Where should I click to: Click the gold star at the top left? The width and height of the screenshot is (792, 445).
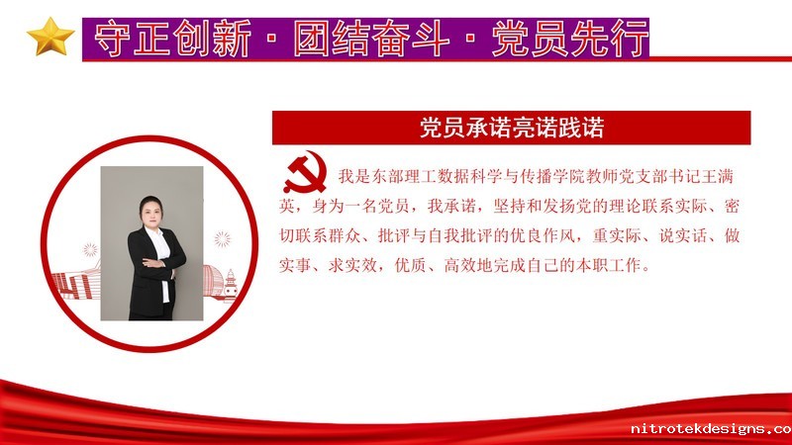click(x=50, y=37)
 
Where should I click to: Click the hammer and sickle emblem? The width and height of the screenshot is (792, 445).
click(x=305, y=172)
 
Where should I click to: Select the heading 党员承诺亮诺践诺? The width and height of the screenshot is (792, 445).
click(x=512, y=128)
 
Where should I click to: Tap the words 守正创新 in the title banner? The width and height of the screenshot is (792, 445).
click(x=172, y=39)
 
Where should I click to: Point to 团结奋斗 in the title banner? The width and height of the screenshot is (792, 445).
click(x=370, y=39)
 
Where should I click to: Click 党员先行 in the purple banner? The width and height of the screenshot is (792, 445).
click(x=570, y=39)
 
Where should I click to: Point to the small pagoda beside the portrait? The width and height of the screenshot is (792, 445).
click(x=231, y=285)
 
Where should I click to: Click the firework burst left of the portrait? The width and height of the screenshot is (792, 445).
click(x=90, y=249)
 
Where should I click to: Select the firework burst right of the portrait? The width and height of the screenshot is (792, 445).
click(x=222, y=239)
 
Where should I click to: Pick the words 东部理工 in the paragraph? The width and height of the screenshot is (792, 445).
click(x=404, y=177)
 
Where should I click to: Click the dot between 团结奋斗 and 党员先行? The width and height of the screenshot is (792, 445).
click(x=471, y=39)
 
